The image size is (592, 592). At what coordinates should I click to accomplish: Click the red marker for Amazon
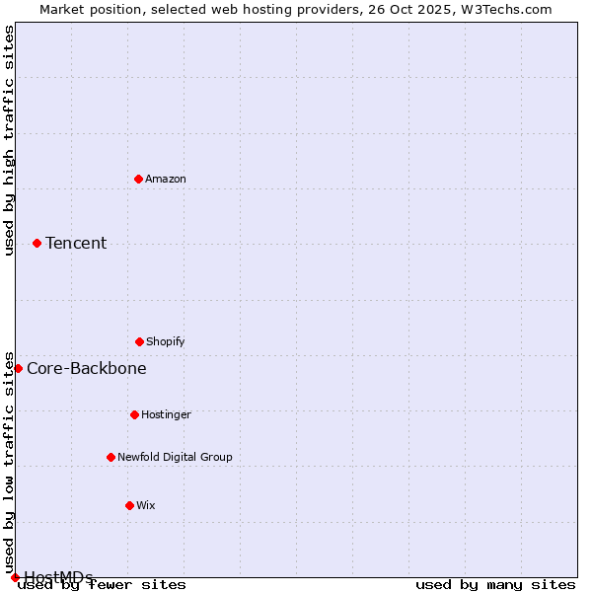click(x=138, y=179)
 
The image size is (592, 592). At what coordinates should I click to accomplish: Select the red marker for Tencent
click(x=37, y=243)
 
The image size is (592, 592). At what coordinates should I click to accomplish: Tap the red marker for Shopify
click(x=139, y=341)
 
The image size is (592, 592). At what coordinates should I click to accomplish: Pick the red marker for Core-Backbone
click(x=18, y=368)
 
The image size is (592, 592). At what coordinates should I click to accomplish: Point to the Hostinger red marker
click(x=134, y=414)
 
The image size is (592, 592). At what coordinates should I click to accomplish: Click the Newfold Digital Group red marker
click(x=111, y=457)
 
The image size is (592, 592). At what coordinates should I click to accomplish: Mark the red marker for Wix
click(x=129, y=505)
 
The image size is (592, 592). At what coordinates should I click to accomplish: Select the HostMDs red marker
click(x=15, y=577)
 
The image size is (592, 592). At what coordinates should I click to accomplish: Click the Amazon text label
click(x=166, y=179)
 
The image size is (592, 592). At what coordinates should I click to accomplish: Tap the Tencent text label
click(x=76, y=243)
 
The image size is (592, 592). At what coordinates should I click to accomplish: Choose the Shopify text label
click(x=166, y=341)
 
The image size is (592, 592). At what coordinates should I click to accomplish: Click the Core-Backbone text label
click(x=87, y=368)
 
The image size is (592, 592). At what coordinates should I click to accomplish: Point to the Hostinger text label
click(x=166, y=414)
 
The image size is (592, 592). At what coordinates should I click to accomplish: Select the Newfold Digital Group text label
click(x=175, y=457)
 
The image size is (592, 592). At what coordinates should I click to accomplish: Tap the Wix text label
click(x=146, y=505)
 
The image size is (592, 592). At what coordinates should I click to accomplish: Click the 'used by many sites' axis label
click(x=495, y=584)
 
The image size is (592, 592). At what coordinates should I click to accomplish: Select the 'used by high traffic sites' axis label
click(x=9, y=140)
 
